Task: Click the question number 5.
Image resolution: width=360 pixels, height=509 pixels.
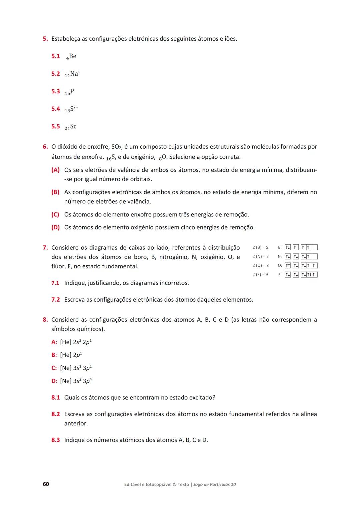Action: coord(45,39)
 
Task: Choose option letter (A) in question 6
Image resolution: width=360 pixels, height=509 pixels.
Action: coord(55,170)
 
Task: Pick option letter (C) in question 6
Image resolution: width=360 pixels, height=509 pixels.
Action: coord(55,215)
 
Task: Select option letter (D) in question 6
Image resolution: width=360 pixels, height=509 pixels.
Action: coord(55,228)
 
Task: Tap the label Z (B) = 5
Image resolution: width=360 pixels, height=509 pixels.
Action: coord(260,247)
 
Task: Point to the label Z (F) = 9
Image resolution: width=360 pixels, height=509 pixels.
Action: coord(260,275)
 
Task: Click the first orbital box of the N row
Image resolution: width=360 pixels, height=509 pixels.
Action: coord(288,257)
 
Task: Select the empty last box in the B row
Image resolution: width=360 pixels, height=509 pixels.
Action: coord(314,247)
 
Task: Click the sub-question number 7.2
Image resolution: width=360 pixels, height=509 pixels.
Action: coord(55,300)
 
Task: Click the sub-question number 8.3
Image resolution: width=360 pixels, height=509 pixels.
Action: coord(55,440)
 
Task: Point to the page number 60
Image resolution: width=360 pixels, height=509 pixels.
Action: coord(46,484)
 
